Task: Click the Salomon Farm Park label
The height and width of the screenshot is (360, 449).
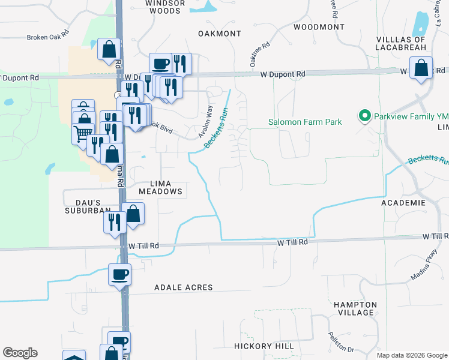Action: (304, 122)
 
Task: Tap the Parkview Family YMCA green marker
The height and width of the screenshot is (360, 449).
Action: (363, 115)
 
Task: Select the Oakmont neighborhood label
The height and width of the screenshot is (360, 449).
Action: (219, 34)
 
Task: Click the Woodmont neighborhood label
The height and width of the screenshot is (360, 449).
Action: (319, 27)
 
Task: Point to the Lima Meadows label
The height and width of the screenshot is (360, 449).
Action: (160, 187)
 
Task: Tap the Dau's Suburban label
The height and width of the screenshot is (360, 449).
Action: (88, 206)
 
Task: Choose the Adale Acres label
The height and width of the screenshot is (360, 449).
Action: (184, 287)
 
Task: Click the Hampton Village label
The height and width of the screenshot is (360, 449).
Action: (356, 308)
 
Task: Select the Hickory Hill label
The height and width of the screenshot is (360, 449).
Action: (264, 346)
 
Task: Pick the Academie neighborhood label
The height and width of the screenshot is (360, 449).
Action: (403, 203)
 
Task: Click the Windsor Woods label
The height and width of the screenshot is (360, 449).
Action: (163, 7)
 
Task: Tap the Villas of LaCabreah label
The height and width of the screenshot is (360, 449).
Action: (401, 44)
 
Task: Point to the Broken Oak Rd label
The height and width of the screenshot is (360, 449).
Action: (48, 37)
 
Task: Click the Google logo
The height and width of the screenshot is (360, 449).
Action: (20, 353)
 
